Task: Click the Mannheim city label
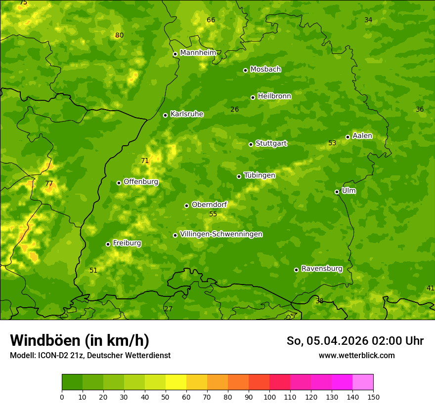(198, 53)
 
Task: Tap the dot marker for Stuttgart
(251, 144)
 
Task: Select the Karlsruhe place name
(187, 114)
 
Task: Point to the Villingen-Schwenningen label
(221, 234)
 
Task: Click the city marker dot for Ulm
(337, 192)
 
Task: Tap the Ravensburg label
(322, 269)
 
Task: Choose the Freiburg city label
(127, 243)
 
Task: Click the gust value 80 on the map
(119, 35)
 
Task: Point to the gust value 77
(49, 184)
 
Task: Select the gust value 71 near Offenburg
(145, 161)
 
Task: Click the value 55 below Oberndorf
(213, 214)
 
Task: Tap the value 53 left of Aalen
(332, 143)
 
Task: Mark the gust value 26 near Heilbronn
(235, 109)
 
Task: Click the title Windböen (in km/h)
(80, 340)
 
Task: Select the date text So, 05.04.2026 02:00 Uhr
(355, 341)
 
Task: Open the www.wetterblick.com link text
(356, 355)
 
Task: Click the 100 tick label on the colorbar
(269, 397)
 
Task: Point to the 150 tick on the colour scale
(373, 397)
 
